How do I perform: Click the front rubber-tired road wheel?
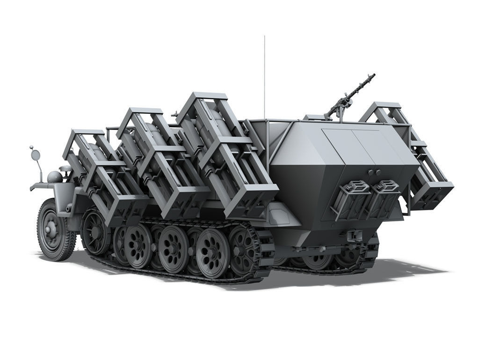click(x=55, y=230)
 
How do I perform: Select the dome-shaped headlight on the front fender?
click(x=54, y=176)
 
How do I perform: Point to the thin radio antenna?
click(x=264, y=75)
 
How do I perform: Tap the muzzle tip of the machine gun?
click(x=373, y=75)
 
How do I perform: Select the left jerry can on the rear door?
click(x=351, y=199)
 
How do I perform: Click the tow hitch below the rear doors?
click(x=355, y=235)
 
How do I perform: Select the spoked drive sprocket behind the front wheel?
click(x=95, y=231)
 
